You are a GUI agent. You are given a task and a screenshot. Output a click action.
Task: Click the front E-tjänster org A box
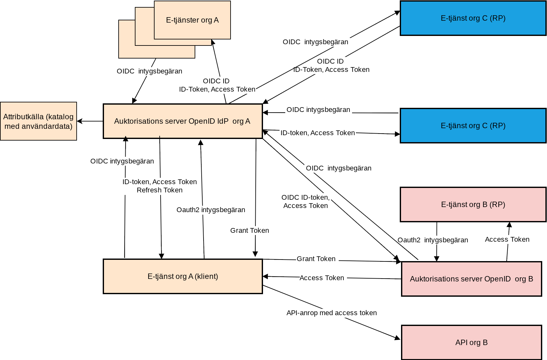[x=192, y=20]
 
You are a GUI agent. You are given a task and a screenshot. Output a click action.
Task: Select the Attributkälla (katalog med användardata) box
[x=38, y=121]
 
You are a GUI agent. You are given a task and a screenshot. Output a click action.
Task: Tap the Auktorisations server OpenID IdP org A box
[x=183, y=121]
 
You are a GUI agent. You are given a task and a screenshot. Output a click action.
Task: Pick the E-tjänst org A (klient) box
[x=183, y=276]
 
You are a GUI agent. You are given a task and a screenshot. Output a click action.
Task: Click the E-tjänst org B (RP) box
[x=473, y=204]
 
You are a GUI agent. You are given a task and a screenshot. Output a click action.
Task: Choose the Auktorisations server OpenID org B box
[x=471, y=279]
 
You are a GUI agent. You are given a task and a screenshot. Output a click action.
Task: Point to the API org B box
[x=471, y=343]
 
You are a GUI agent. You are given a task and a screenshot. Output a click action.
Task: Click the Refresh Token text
[x=160, y=190]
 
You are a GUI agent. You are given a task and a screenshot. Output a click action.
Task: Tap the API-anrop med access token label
[x=331, y=313]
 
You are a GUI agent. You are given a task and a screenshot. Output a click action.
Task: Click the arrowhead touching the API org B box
[x=398, y=338]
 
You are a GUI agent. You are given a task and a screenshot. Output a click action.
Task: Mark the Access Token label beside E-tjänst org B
[x=507, y=239]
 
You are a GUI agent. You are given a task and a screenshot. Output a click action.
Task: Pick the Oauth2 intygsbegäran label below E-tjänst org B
[x=433, y=240]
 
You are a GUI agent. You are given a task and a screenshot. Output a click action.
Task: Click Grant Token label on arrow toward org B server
[x=316, y=259]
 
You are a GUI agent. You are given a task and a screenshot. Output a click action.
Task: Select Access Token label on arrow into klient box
[x=322, y=278]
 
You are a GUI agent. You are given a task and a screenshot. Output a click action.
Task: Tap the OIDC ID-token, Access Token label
[x=305, y=202]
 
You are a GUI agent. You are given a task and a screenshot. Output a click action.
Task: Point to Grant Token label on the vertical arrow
[x=249, y=231]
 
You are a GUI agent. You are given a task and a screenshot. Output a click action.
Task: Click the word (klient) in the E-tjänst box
[x=206, y=276]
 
